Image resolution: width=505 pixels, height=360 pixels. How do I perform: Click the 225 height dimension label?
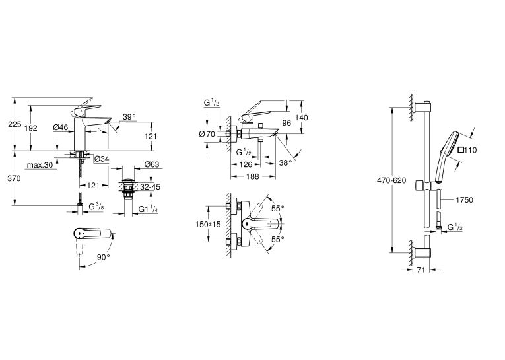pyautogui.click(x=15, y=124)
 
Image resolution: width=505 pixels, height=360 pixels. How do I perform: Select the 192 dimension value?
pyautogui.click(x=31, y=128)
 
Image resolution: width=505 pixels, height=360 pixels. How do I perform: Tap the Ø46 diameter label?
pyautogui.click(x=61, y=127)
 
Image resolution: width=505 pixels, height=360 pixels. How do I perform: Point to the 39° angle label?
pyautogui.click(x=129, y=117)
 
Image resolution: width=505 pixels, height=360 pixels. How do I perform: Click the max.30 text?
pyautogui.click(x=40, y=165)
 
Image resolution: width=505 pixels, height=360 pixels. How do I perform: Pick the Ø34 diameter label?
pyautogui.click(x=102, y=159)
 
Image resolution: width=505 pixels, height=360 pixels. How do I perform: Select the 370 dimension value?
pyautogui.click(x=14, y=178)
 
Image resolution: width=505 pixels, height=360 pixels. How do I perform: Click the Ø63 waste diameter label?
pyautogui.click(x=152, y=164)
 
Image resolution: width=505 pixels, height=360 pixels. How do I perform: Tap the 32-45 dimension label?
pyautogui.click(x=151, y=187)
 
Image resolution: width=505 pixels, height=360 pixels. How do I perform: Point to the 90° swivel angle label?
pyautogui.click(x=104, y=257)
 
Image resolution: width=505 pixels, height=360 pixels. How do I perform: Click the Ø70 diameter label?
pyautogui.click(x=207, y=133)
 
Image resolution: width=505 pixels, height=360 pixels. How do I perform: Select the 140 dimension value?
pyautogui.click(x=302, y=118)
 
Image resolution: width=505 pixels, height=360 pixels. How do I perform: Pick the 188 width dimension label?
pyautogui.click(x=252, y=176)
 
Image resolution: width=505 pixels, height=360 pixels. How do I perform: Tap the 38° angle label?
pyautogui.click(x=285, y=163)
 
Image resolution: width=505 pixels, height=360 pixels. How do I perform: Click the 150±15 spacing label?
pyautogui.click(x=208, y=225)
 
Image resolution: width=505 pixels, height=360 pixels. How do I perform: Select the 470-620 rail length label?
pyautogui.click(x=391, y=180)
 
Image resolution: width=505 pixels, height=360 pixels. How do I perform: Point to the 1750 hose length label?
pyautogui.click(x=465, y=200)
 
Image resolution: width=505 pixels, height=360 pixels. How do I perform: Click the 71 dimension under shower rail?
pyautogui.click(x=421, y=270)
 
